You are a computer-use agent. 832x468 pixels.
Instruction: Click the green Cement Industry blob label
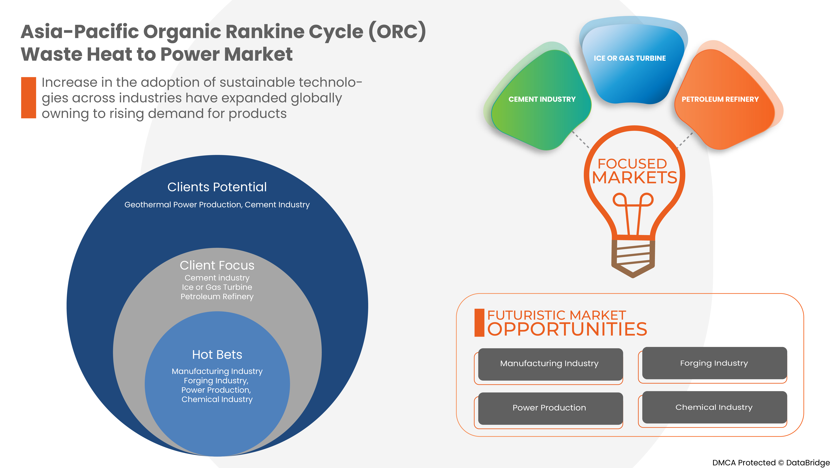[x=542, y=99]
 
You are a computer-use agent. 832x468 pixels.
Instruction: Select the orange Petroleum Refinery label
[x=720, y=99]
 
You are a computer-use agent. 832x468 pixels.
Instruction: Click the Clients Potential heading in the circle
[x=217, y=187]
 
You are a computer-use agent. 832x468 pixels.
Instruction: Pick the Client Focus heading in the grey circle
[x=217, y=266]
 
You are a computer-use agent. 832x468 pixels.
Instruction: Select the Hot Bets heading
[x=217, y=355]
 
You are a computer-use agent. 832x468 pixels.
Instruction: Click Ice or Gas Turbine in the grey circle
[x=217, y=287]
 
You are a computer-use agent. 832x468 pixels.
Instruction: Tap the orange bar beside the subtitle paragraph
[x=28, y=97]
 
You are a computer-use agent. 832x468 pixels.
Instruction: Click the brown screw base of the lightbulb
[x=633, y=257]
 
